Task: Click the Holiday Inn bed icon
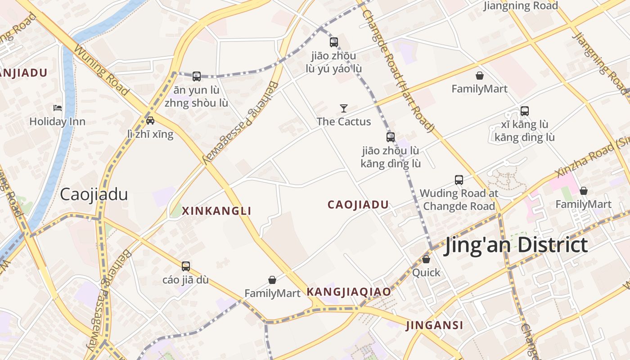pos(58,108)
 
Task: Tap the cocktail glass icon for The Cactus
pos(344,108)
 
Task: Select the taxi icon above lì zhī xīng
pos(150,120)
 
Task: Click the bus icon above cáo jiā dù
pos(185,266)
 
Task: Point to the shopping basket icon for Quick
pos(426,259)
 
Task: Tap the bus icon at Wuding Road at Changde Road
pos(459,180)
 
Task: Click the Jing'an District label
pos(515,246)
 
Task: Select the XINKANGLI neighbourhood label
pos(216,211)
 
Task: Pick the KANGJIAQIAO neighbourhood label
pos(349,292)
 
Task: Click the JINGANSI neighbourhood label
pos(434,325)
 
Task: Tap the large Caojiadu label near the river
pos(94,194)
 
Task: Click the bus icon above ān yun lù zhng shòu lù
pos(197,76)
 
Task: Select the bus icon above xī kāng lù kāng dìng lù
pos(524,111)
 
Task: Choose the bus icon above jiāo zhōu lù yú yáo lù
pos(333,42)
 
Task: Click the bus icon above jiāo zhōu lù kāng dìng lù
pos(391,137)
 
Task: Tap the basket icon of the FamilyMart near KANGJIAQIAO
pos(272,280)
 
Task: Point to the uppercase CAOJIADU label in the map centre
pos(358,205)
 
